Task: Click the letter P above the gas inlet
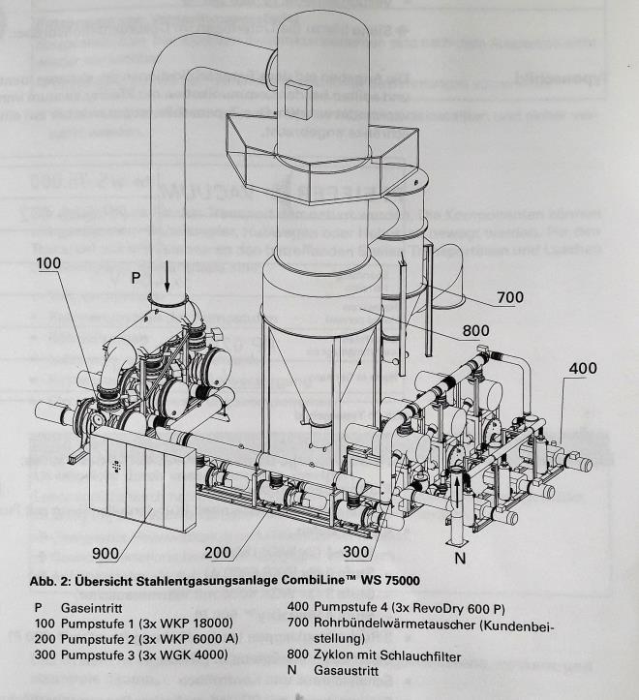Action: click(x=137, y=277)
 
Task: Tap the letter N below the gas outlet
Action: click(x=459, y=558)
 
